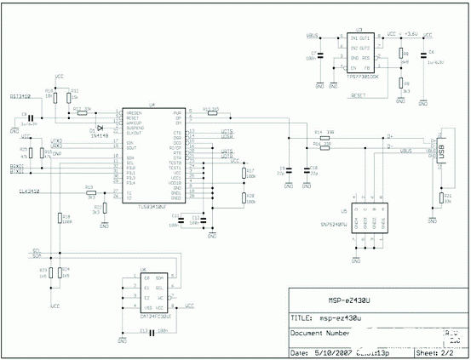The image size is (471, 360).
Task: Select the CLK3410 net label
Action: point(30,193)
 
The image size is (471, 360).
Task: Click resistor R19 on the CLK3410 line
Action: point(90,193)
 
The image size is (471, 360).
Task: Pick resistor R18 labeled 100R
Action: point(60,220)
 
